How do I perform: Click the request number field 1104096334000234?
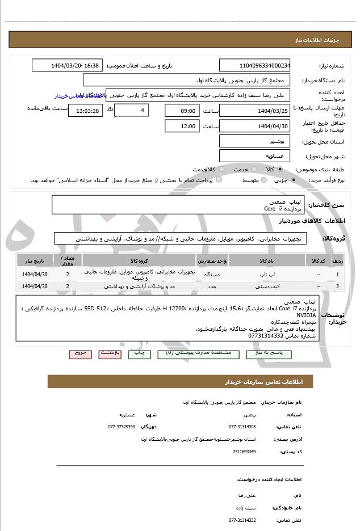(x=254, y=66)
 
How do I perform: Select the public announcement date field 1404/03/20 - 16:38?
(x=68, y=66)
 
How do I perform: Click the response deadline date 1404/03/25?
(x=254, y=110)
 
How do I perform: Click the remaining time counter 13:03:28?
(x=85, y=110)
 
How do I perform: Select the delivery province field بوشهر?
(x=254, y=141)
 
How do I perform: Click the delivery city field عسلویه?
(x=254, y=155)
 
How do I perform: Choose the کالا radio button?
(x=280, y=169)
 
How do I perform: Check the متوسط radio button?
(x=263, y=180)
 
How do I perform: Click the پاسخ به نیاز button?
(x=273, y=353)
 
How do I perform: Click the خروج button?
(x=80, y=353)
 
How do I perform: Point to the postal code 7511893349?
(x=244, y=451)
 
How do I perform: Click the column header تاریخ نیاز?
(x=35, y=260)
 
